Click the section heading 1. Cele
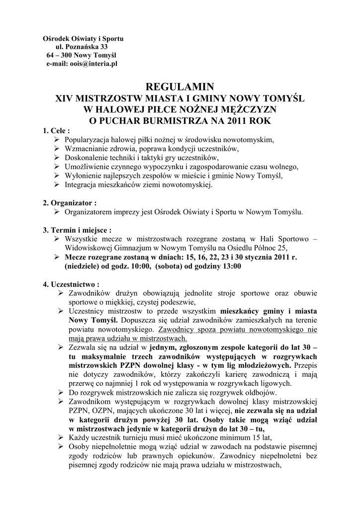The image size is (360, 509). coord(57,131)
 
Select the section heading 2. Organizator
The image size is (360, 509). coord(69,203)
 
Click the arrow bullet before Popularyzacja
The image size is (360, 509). coord(56,140)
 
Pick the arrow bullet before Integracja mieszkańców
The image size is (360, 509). coord(56,184)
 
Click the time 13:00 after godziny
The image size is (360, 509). coord(230,266)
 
